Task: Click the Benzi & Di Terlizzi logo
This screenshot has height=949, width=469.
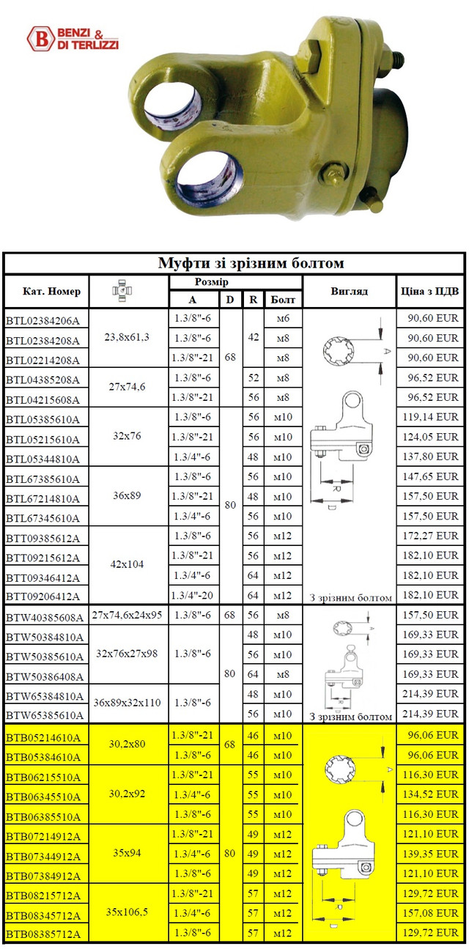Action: point(72,37)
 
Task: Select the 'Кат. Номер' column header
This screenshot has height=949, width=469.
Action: point(46,292)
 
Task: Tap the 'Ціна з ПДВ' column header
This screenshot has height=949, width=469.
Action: point(430,292)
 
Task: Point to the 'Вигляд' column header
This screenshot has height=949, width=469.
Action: point(349,292)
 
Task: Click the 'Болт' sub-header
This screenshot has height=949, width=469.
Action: point(282,300)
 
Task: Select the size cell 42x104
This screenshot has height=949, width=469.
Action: point(129,565)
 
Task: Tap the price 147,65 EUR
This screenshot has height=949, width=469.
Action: point(430,476)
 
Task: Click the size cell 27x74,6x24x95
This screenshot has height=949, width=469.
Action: point(129,616)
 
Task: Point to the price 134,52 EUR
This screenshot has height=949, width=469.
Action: point(430,795)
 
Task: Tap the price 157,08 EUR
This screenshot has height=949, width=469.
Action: point(430,915)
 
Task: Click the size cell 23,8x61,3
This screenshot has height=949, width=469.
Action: point(129,338)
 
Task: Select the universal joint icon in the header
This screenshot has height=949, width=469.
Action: point(129,292)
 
